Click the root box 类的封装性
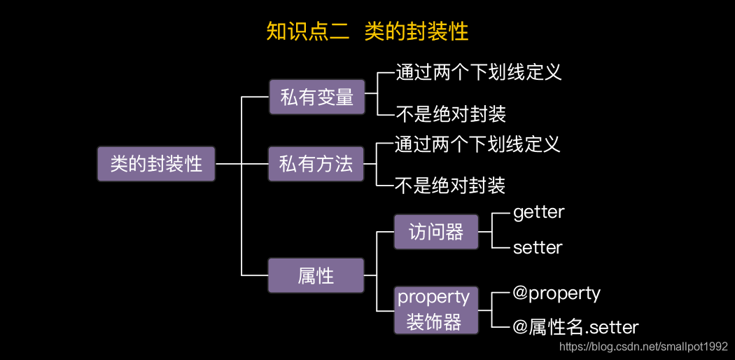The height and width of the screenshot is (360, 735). pyautogui.click(x=156, y=164)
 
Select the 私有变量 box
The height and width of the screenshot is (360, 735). pyautogui.click(x=317, y=97)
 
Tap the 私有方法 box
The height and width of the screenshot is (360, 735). pyautogui.click(x=316, y=165)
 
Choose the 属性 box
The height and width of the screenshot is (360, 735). pyautogui.click(x=316, y=275)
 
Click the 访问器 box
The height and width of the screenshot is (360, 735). pyautogui.click(x=436, y=232)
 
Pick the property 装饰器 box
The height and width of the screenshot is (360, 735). pyautogui.click(x=433, y=310)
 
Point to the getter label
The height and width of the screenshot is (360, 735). pyautogui.click(x=538, y=212)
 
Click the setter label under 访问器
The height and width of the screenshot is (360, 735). pyautogui.click(x=538, y=247)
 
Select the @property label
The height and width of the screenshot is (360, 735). pyautogui.click(x=556, y=293)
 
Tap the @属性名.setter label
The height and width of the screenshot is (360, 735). pyautogui.click(x=575, y=327)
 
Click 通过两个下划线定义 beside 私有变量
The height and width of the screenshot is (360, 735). pyautogui.click(x=479, y=72)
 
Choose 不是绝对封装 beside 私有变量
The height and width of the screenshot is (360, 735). pyautogui.click(x=451, y=113)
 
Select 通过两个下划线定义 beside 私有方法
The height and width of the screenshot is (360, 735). pyautogui.click(x=477, y=144)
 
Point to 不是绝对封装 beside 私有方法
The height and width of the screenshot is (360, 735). pyautogui.click(x=450, y=186)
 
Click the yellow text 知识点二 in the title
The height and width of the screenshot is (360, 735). pyautogui.click(x=308, y=32)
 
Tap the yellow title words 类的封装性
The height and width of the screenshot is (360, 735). pyautogui.click(x=416, y=32)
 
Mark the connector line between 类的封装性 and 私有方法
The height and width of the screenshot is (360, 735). pyautogui.click(x=241, y=165)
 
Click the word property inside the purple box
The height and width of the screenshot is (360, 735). pyautogui.click(x=433, y=297)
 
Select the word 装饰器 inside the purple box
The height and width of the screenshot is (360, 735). pyautogui.click(x=434, y=322)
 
